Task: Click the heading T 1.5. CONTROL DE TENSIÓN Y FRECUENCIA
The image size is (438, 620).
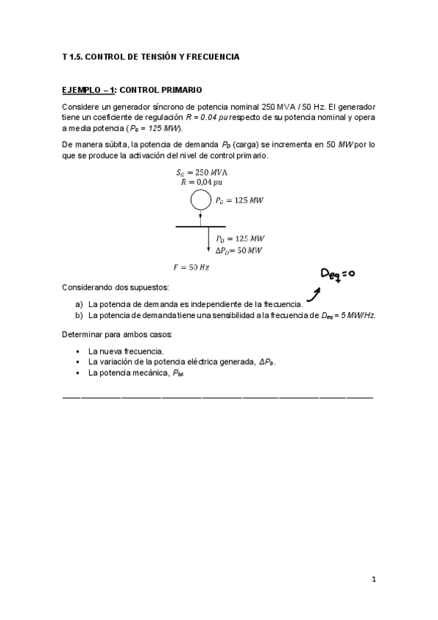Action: point(151,56)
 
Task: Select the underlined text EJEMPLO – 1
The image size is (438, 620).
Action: point(88,90)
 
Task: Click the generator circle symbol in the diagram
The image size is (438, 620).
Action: point(200,199)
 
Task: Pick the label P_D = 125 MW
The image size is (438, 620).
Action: point(240,238)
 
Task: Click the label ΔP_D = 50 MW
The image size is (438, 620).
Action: point(239,250)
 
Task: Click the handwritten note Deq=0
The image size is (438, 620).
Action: point(338,274)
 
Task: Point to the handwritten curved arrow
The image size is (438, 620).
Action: point(313,295)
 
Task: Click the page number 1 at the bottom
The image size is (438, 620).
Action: point(373,580)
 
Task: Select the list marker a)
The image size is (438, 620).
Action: point(79,303)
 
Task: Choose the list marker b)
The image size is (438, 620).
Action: point(79,315)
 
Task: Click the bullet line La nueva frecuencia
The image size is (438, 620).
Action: point(126,351)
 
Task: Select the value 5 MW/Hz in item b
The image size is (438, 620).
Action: point(355,315)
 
